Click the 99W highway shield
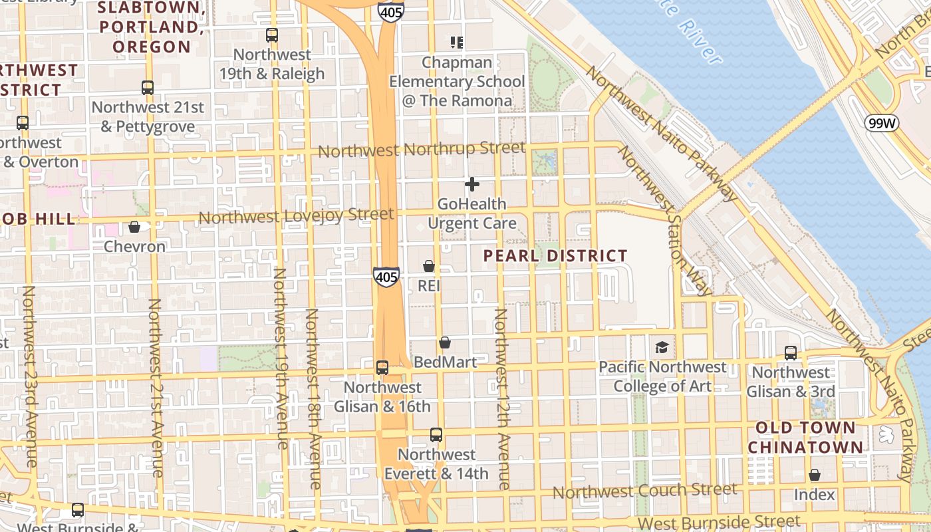(x=881, y=122)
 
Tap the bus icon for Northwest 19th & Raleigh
(x=272, y=35)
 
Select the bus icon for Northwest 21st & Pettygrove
(x=148, y=87)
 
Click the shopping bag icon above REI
(x=429, y=266)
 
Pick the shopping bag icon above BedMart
(x=445, y=342)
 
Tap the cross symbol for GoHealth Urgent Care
(x=472, y=184)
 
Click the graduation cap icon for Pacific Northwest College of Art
(x=662, y=347)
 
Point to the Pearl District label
(x=555, y=256)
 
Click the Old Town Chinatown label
(x=805, y=437)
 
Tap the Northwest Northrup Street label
(x=422, y=150)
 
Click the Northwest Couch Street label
(x=644, y=491)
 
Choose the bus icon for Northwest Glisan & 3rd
(x=791, y=352)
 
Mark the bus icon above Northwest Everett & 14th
(x=436, y=435)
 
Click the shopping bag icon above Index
(x=815, y=475)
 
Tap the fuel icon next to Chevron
(x=134, y=227)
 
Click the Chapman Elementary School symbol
(x=457, y=43)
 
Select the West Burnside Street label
(x=719, y=522)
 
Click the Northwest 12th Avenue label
(x=502, y=399)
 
